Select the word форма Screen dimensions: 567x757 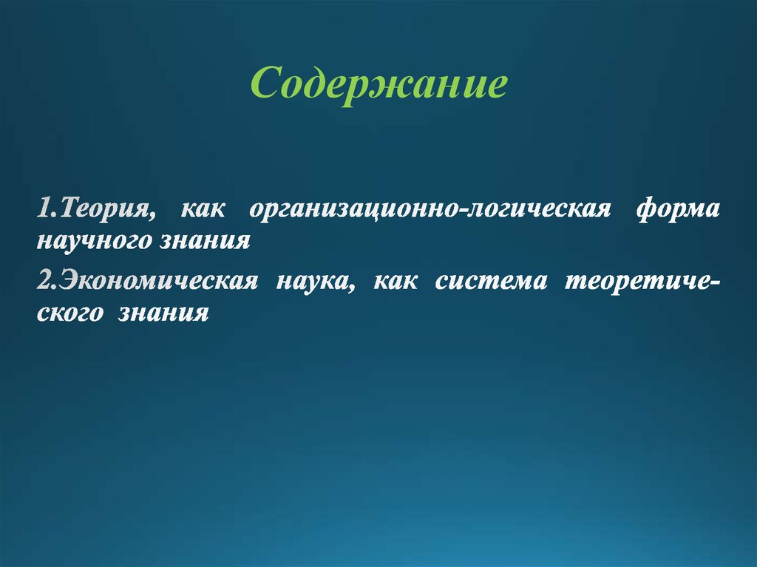coord(677,210)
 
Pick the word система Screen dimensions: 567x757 coord(491,282)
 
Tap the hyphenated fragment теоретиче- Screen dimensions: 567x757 coord(644,282)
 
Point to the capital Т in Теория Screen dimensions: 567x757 coord(69,210)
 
